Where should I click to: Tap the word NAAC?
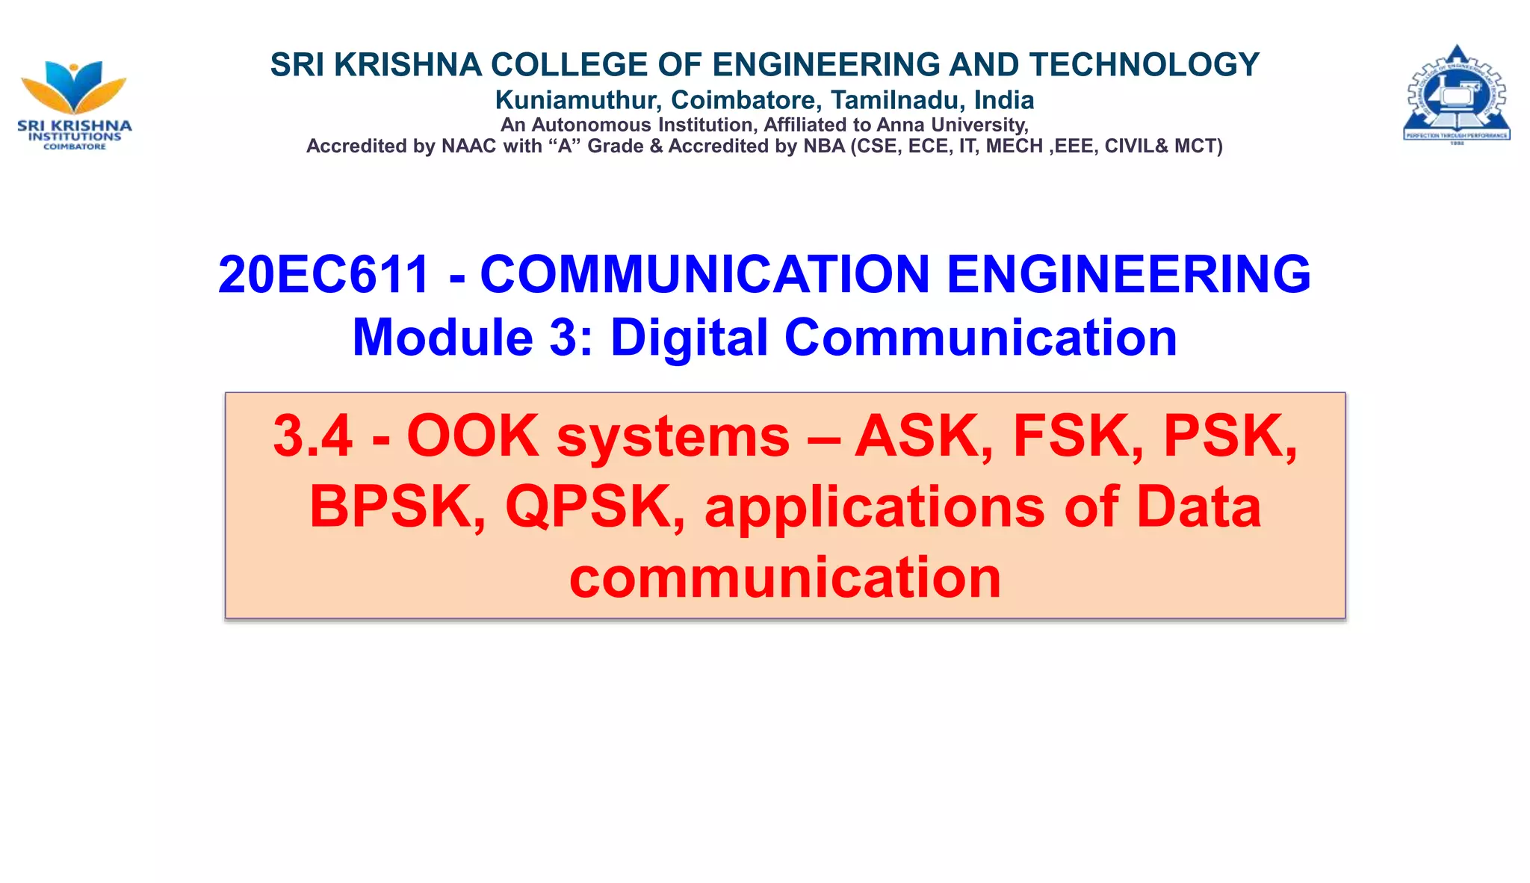(469, 146)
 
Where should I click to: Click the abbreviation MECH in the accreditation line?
(1014, 146)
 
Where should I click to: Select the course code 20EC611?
(323, 274)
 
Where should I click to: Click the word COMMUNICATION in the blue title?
(704, 274)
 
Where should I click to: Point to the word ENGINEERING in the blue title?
(1128, 274)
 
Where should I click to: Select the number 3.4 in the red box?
(312, 436)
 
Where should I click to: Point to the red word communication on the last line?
(785, 577)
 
